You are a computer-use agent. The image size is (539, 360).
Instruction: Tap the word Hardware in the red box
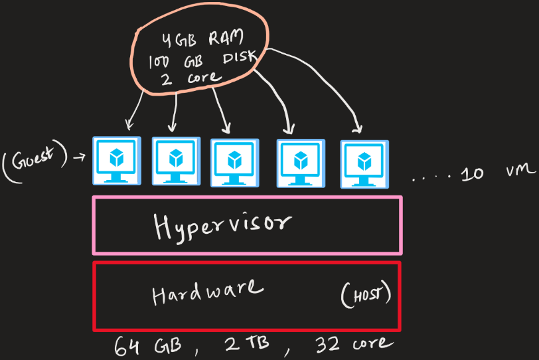point(207,292)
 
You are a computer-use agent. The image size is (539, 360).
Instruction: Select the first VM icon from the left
point(116,160)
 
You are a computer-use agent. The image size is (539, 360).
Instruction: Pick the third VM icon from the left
point(234,161)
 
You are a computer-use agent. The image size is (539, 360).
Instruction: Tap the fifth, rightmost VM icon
point(363,162)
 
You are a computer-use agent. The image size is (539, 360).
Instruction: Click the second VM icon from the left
point(175,160)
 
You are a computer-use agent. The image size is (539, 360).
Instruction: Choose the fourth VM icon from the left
point(301,162)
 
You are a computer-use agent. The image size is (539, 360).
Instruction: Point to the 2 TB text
point(244,345)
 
